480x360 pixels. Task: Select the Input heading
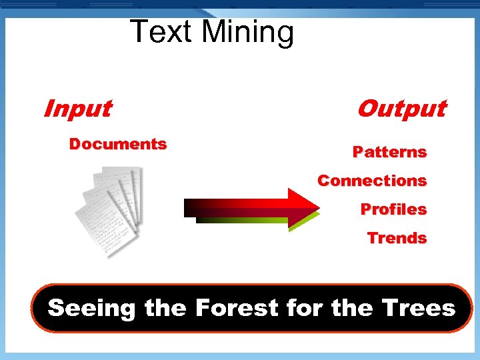point(77,108)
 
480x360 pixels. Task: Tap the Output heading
point(401,108)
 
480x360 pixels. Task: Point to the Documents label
point(118,144)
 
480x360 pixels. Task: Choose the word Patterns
point(389,152)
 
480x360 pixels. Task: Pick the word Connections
point(372,181)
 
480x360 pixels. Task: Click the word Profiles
point(393,209)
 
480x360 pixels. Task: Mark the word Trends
point(397,238)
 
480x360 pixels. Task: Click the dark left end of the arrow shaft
point(193,208)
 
